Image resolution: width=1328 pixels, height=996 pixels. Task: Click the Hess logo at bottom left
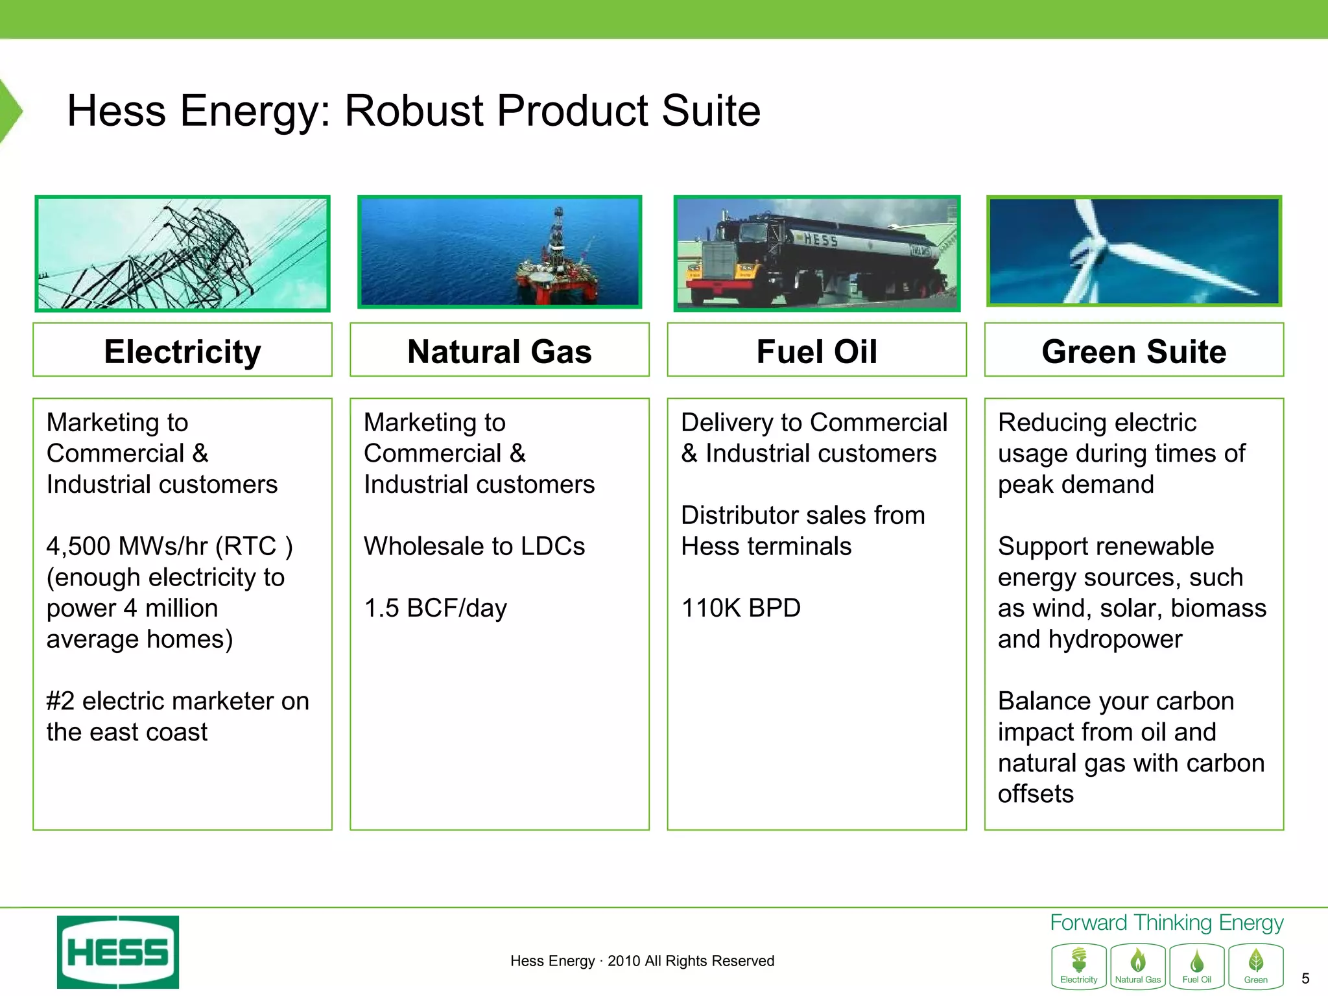pyautogui.click(x=117, y=951)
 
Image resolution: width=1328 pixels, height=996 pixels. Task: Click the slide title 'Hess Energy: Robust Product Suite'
pyautogui.click(x=414, y=110)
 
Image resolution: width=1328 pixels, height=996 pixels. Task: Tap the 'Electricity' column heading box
pyautogui.click(x=182, y=350)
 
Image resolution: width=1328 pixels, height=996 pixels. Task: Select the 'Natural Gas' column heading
pyautogui.click(x=499, y=350)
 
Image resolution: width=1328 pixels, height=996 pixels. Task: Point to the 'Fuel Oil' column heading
pyautogui.click(x=816, y=350)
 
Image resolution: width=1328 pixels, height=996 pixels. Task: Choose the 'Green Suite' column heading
pyautogui.click(x=1133, y=350)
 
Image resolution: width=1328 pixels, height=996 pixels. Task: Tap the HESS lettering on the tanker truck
pyautogui.click(x=820, y=240)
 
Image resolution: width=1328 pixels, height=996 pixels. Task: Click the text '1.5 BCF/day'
pyautogui.click(x=435, y=608)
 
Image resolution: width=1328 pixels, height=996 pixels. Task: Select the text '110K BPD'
pyautogui.click(x=741, y=608)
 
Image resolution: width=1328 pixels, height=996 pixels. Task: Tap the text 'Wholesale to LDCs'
pyautogui.click(x=474, y=546)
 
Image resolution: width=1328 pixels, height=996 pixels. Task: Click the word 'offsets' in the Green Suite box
pyautogui.click(x=1036, y=794)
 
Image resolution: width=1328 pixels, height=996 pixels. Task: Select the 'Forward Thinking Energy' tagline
pyautogui.click(x=1166, y=923)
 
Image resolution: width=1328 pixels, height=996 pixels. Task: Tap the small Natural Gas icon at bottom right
pyautogui.click(x=1137, y=966)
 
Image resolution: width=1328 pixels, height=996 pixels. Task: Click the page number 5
pyautogui.click(x=1305, y=978)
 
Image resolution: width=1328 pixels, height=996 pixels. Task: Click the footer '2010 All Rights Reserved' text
pyautogui.click(x=691, y=960)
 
